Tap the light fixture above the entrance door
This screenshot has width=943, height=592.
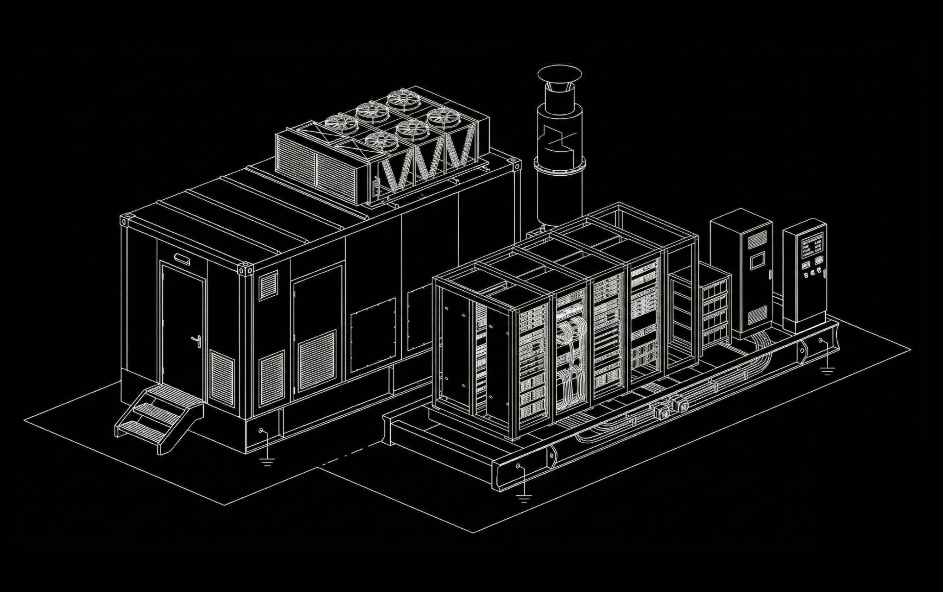[182, 259]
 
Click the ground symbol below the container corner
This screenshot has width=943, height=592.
[267, 462]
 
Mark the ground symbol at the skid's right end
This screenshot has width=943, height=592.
[827, 370]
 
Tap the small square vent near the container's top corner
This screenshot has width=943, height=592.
[268, 285]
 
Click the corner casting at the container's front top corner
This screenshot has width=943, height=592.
[245, 269]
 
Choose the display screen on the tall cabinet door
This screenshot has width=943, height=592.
[758, 260]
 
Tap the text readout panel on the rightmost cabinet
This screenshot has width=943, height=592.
[812, 245]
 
